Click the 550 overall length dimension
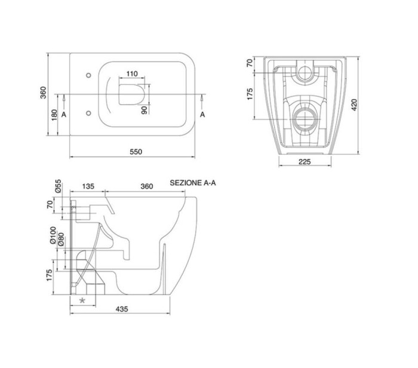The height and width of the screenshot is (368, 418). pos(136,152)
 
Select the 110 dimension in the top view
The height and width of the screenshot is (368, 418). pos(132,74)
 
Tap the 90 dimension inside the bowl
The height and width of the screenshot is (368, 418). pos(143,109)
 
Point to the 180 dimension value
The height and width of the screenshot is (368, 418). pos(54,114)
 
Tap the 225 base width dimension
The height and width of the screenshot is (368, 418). pos(305,161)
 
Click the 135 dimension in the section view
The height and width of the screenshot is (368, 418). pos(88,186)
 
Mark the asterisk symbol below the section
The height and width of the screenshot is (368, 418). pos(82,300)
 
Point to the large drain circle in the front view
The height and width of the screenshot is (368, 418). pos(305,116)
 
